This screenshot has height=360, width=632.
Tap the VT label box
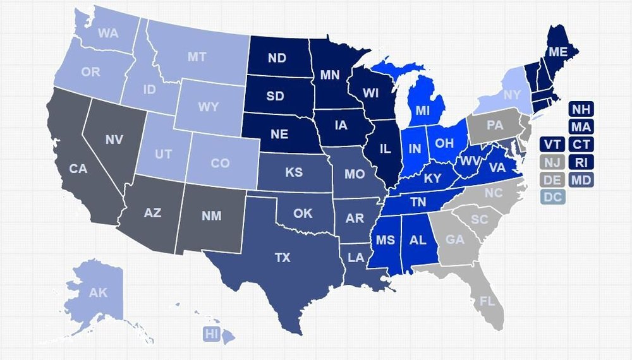coord(552,145)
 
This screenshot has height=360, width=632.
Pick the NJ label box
coord(552,162)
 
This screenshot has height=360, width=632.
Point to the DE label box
coord(552,179)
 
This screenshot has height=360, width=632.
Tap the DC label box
coord(552,197)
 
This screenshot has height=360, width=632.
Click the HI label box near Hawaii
coord(211,334)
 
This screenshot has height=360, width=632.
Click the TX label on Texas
coord(283,258)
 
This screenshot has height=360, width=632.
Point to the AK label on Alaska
coord(98,292)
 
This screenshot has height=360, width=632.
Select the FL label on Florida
coord(487,301)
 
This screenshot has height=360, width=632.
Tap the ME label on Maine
coord(557,52)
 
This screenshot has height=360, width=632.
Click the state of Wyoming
coord(208,107)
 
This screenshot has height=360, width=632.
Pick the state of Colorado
coord(220,163)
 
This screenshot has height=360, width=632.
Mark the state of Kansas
coord(294,172)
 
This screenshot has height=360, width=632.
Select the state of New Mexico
coord(212,216)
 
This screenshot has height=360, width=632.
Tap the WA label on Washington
coord(108,33)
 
